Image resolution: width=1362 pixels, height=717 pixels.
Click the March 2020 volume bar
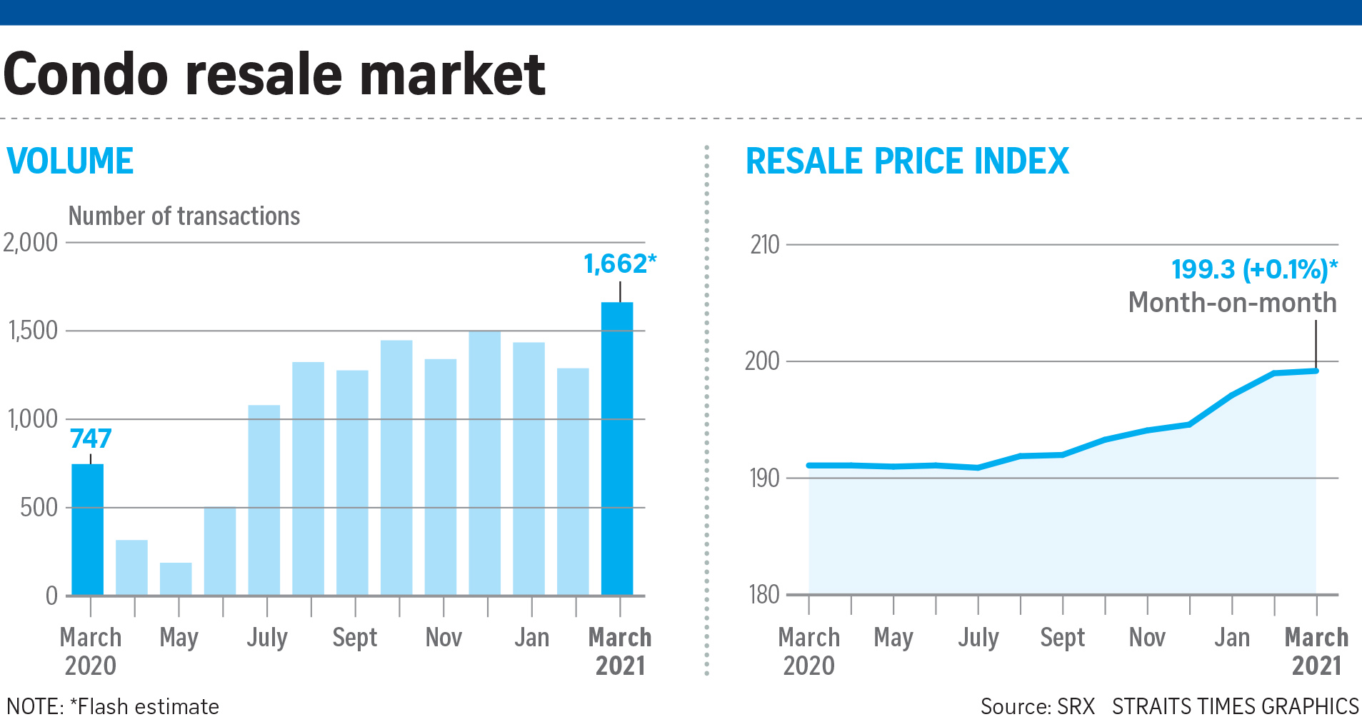[88, 529]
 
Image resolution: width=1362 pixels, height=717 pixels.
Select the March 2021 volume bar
[617, 448]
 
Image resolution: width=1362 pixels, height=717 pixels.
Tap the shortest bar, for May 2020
[176, 578]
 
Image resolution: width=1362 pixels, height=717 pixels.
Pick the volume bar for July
[264, 500]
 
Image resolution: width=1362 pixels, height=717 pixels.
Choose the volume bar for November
[441, 477]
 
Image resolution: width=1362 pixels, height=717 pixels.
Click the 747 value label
[91, 438]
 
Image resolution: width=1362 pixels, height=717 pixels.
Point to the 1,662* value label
[619, 264]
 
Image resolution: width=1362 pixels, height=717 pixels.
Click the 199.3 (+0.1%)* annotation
[1254, 269]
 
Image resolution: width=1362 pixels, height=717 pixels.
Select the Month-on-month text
[1232, 303]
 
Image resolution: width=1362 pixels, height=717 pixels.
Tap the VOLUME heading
[70, 161]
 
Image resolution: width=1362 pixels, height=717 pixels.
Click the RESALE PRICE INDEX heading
[907, 161]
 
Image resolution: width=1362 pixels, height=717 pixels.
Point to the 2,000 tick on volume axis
[31, 243]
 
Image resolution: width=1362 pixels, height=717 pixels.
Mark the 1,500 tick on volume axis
[33, 331]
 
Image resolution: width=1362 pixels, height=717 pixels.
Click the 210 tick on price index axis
[764, 245]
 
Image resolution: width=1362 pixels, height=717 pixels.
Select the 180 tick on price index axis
[764, 594]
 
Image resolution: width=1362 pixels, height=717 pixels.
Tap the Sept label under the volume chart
[355, 637]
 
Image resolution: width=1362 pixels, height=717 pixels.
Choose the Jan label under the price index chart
[1232, 637]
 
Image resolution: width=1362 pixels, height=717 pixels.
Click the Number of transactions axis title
[184, 216]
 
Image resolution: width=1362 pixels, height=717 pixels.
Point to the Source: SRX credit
[1037, 706]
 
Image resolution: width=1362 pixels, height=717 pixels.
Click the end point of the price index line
[1316, 371]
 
